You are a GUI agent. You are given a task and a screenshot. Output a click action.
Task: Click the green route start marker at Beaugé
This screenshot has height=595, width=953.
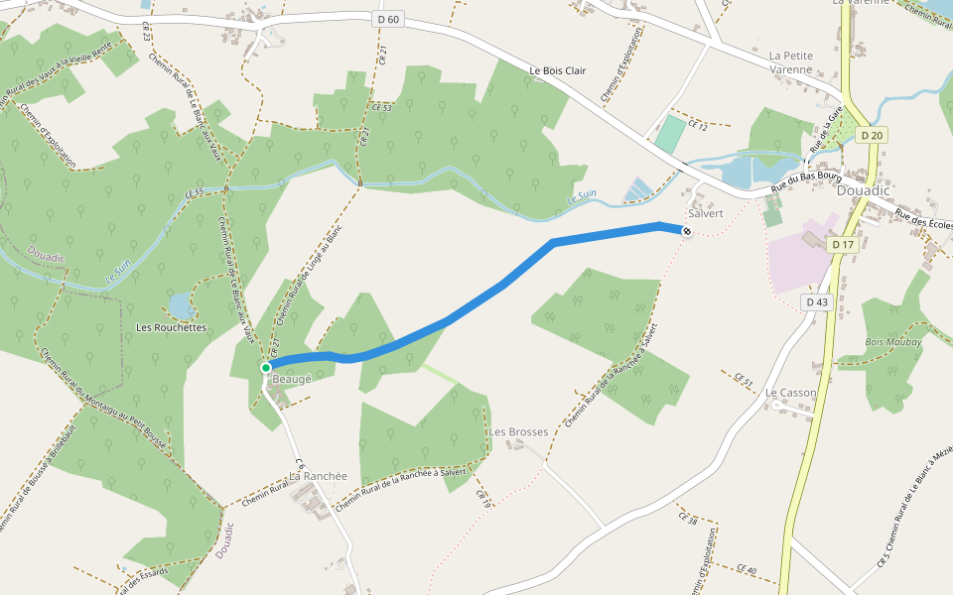pos(266,368)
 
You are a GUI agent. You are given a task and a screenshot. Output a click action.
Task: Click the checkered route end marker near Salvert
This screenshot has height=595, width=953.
pos(686,231)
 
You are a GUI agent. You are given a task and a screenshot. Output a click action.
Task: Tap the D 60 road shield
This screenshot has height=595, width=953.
pos(388,19)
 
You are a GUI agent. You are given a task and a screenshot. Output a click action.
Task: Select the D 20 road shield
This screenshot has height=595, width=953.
pos(872,135)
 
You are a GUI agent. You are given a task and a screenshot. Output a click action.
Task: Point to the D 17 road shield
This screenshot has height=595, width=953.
pos(843,244)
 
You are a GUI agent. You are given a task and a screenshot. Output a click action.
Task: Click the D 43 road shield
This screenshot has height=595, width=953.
pos(817,301)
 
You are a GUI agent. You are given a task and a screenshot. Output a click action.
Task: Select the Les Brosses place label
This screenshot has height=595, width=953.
pos(518,432)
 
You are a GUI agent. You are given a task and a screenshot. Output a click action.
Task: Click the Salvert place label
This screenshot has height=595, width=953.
pos(705,213)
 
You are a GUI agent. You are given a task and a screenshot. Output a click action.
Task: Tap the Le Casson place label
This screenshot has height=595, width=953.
pos(790,393)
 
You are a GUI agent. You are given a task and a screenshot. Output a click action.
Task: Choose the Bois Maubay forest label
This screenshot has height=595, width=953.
pos(893,342)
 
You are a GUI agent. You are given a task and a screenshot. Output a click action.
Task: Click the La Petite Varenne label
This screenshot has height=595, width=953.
pos(790,62)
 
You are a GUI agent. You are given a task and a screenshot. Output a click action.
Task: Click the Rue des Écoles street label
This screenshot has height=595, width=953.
pos(923,218)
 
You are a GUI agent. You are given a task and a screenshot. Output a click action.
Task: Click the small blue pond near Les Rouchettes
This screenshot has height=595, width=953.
pos(181,303)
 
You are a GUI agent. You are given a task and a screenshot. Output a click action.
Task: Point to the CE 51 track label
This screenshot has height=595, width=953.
pos(744,381)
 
